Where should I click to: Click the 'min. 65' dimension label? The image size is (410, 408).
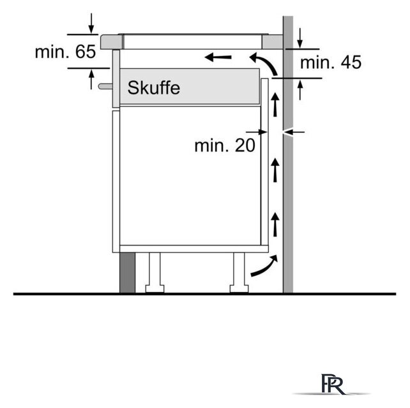[65, 52]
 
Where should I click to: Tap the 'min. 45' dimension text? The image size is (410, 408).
[331, 62]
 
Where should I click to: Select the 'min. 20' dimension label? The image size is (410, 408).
[225, 145]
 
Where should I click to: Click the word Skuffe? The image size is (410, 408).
[154, 88]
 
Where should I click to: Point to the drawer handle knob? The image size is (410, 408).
[105, 86]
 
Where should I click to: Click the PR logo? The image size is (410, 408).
[332, 384]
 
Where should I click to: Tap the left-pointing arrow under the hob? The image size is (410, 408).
[218, 57]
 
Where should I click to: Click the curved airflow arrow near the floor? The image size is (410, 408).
[264, 266]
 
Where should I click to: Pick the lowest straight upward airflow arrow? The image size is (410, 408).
[275, 224]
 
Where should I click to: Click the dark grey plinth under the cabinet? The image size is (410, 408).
[127, 272]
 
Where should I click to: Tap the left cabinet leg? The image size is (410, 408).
[155, 272]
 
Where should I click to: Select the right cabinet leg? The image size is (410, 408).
[239, 272]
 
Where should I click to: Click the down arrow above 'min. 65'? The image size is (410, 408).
[91, 24]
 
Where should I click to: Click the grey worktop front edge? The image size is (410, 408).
[111, 42]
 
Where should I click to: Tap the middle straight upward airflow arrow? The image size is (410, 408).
[275, 170]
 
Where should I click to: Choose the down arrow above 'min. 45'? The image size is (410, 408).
[300, 38]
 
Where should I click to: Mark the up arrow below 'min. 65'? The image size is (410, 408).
[91, 80]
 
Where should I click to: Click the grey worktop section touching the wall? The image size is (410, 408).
[273, 42]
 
